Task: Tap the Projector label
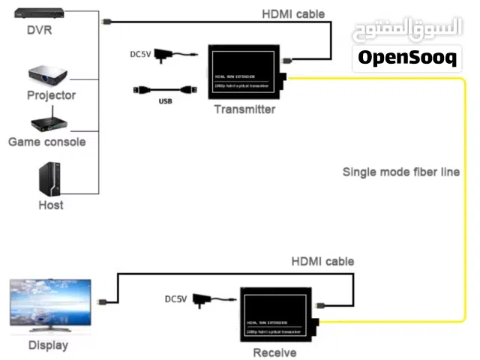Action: click(x=52, y=95)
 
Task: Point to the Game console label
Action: click(x=47, y=141)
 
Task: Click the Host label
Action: click(x=51, y=205)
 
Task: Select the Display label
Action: click(x=48, y=346)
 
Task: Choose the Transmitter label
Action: click(x=244, y=109)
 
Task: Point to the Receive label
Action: click(x=274, y=352)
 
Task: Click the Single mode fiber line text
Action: click(x=401, y=172)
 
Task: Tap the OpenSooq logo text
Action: click(x=406, y=58)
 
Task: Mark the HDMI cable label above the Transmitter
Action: click(x=293, y=13)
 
